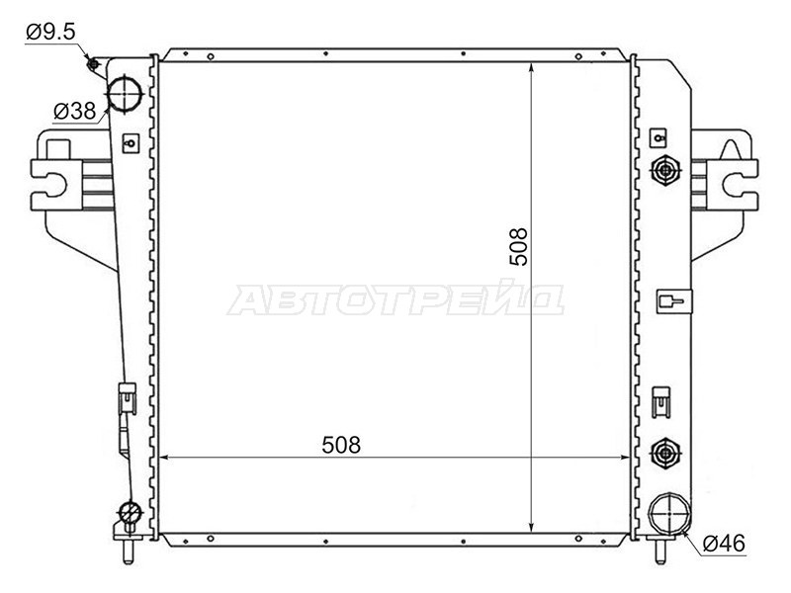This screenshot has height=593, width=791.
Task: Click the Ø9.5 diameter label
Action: click(50, 32)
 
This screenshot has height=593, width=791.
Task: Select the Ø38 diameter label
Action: click(74, 111)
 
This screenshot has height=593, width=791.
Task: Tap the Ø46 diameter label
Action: click(724, 543)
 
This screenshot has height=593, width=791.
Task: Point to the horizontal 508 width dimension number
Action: click(341, 445)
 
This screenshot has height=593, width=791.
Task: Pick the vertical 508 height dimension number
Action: click(518, 246)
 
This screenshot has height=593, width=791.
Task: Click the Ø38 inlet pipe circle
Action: click(125, 93)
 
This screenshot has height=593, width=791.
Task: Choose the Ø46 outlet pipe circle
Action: click(668, 513)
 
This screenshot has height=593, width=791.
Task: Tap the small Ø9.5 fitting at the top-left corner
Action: click(92, 64)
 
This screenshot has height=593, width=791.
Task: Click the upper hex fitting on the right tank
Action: click(665, 170)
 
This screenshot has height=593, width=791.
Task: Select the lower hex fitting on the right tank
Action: click(665, 453)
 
